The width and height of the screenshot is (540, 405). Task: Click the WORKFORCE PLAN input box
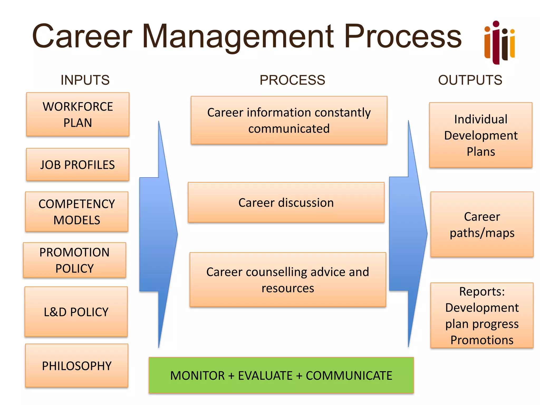coord(78,114)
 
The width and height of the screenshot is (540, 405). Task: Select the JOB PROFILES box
coord(78,165)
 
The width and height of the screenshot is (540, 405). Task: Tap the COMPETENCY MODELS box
coord(77,212)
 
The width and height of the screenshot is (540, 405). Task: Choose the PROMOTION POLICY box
coord(75,260)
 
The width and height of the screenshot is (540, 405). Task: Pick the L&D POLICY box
coord(76,312)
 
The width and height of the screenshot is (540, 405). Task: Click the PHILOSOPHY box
coord(77,365)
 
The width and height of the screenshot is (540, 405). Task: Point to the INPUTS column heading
coord(85,80)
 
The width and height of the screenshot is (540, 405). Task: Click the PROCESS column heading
coord(292,80)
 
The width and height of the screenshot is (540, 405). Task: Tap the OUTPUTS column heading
coord(470,80)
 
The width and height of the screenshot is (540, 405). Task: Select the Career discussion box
coord(286,202)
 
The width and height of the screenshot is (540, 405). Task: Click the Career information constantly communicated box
coord(289,120)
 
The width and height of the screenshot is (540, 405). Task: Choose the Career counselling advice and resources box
coord(288,280)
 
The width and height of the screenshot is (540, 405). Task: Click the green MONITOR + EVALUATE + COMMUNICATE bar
coord(281,375)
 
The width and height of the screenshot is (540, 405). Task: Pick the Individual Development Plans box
coord(481,135)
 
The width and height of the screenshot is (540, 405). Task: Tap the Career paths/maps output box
coord(482,224)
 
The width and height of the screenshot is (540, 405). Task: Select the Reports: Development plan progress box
coord(482,315)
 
